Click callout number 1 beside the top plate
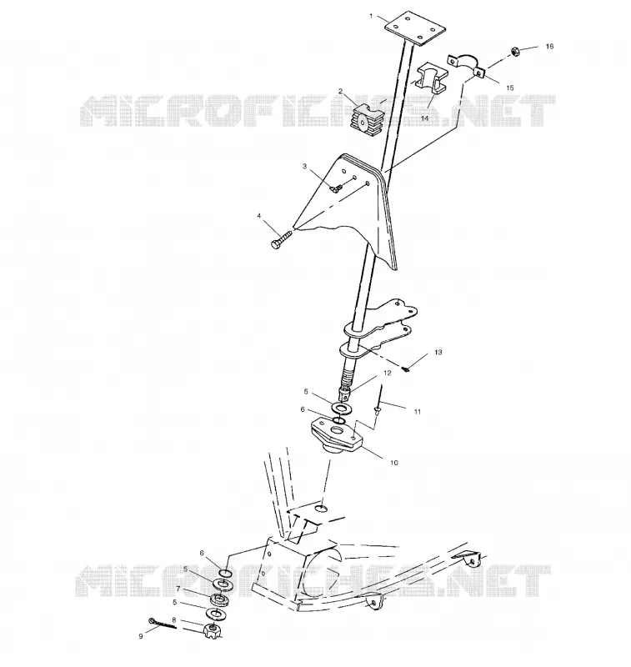tap(371, 16)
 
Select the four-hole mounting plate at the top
tap(415, 28)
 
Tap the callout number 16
tap(550, 47)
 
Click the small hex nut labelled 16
tap(513, 51)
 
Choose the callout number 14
tap(424, 118)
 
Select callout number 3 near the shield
tap(304, 166)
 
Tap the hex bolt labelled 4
tap(281, 239)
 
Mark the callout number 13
tap(438, 352)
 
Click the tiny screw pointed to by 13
tap(406, 369)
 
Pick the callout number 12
tap(387, 373)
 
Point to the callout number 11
tap(418, 411)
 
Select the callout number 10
tap(394, 463)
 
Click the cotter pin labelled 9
tap(162, 623)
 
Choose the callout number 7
tap(178, 589)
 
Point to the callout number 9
tap(141, 636)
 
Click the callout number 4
tap(259, 216)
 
